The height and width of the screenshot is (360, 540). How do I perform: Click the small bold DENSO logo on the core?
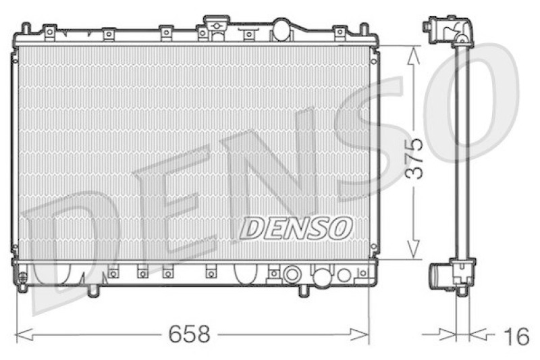tap(296, 228)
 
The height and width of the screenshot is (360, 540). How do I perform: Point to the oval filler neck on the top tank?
tap(281, 29)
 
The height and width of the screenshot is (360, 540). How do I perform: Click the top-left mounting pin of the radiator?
tap(26, 29)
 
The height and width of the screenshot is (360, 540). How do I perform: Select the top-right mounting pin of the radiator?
tap(364, 29)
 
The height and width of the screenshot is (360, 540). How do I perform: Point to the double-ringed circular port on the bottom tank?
tap(292, 275)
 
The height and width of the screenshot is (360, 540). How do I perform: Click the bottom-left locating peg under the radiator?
tap(92, 290)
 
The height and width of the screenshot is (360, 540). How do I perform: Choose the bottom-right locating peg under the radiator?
tap(304, 290)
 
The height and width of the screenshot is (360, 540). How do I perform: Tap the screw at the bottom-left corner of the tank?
tap(22, 279)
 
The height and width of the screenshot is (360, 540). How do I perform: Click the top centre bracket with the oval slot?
tap(216, 26)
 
